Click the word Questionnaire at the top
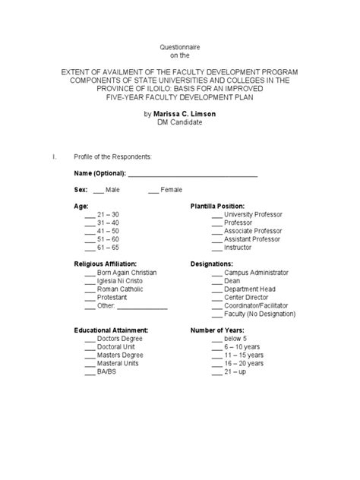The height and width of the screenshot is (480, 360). click(x=179, y=47)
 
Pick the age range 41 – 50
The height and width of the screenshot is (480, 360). click(x=108, y=229)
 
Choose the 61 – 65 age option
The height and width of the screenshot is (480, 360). click(x=108, y=247)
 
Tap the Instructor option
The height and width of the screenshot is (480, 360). click(x=238, y=247)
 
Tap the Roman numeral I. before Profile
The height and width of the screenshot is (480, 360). click(x=53, y=156)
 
